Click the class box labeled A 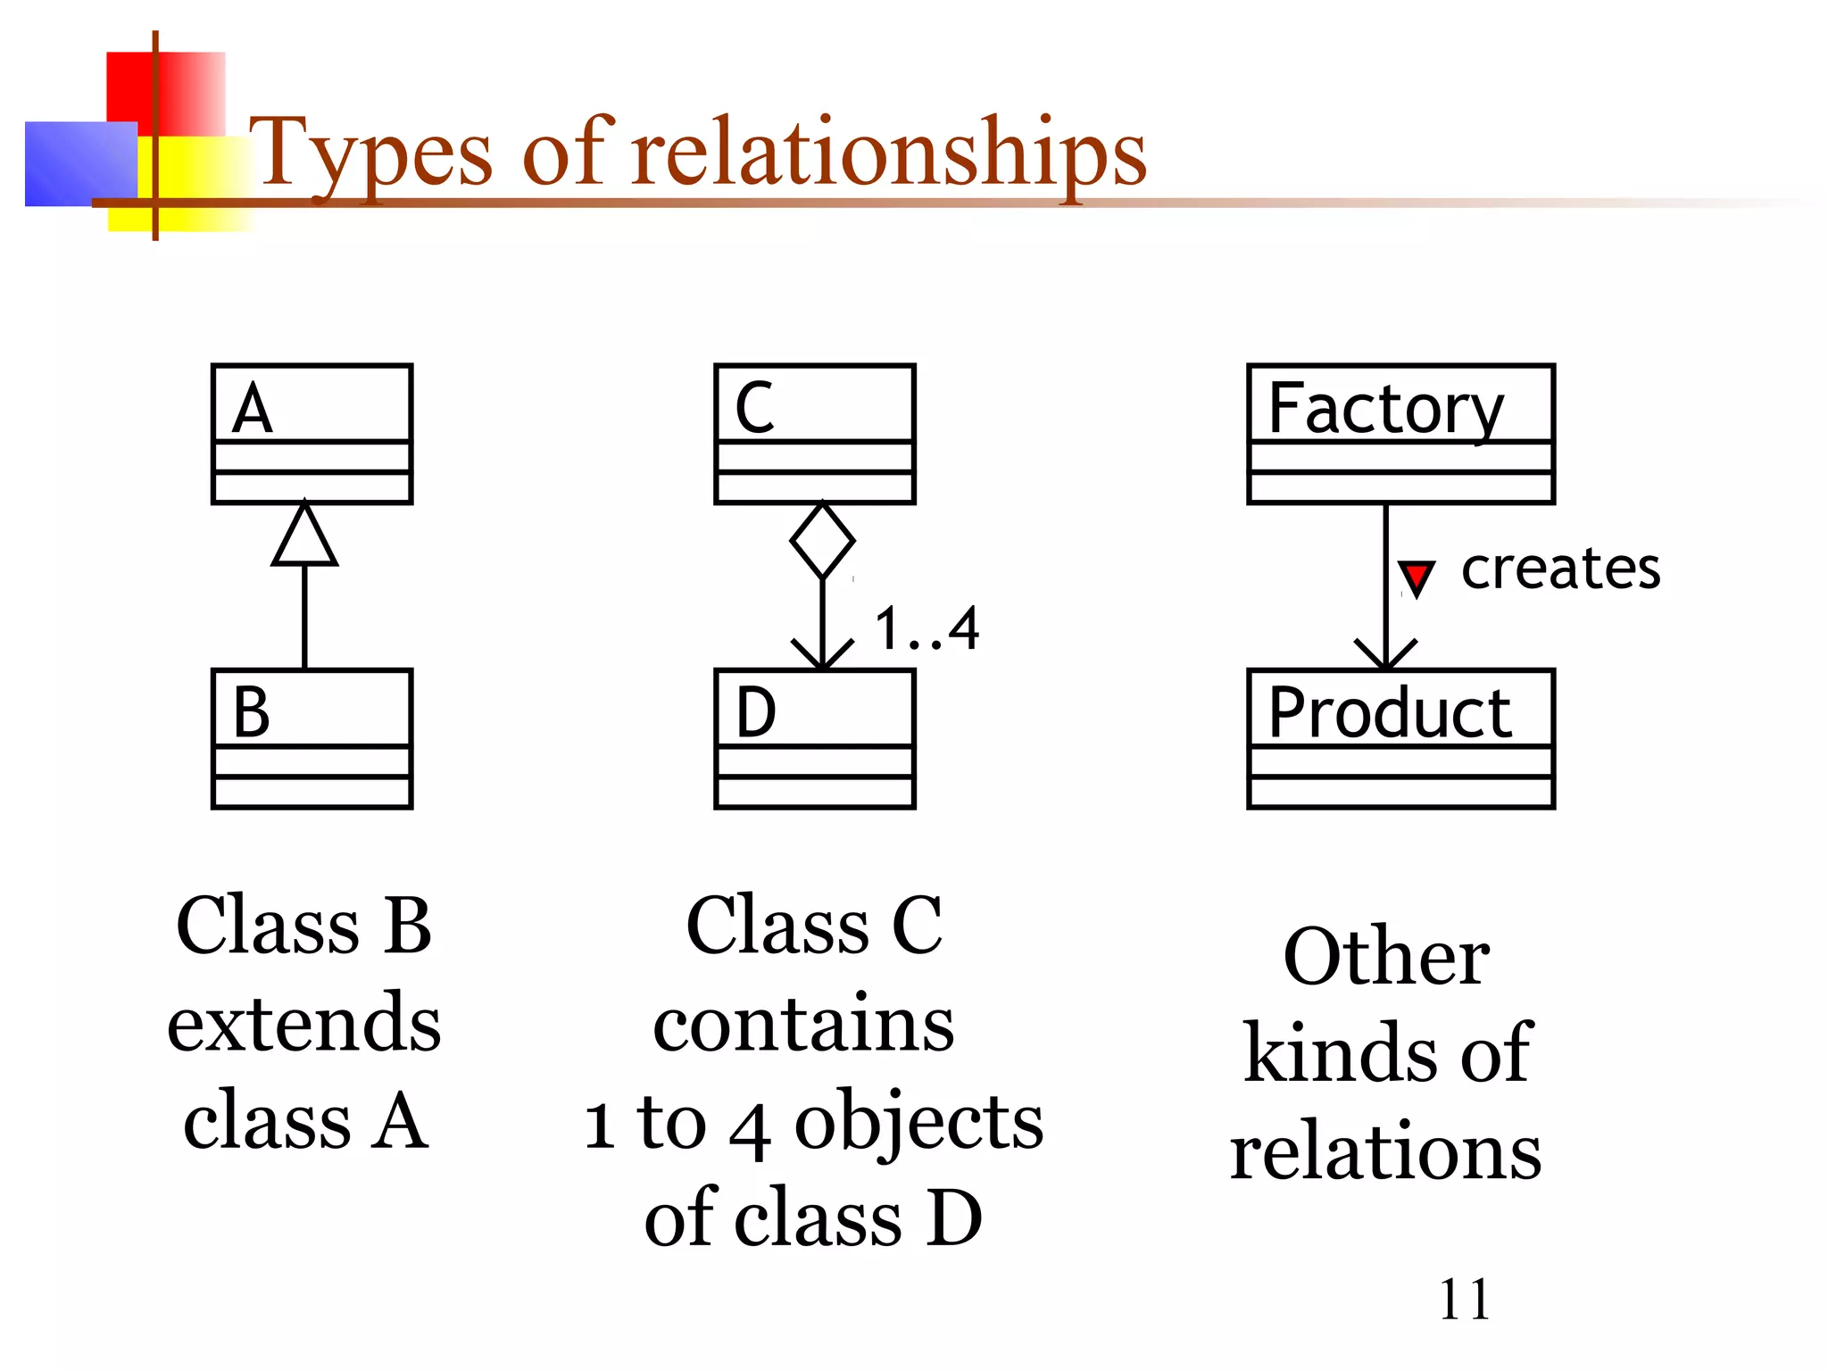pyautogui.click(x=312, y=434)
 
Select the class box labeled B pyautogui.click(x=312, y=738)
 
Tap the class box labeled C pyautogui.click(x=815, y=434)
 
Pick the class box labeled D pyautogui.click(x=815, y=738)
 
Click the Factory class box pyautogui.click(x=1400, y=434)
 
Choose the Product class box pyautogui.click(x=1400, y=738)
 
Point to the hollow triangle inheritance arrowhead pyautogui.click(x=305, y=538)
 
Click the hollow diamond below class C pyautogui.click(x=822, y=541)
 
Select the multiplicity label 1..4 pyautogui.click(x=926, y=628)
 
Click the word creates pyautogui.click(x=1560, y=569)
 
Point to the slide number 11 pyautogui.click(x=1465, y=1300)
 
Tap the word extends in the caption pyautogui.click(x=304, y=1023)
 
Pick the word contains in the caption pyautogui.click(x=803, y=1025)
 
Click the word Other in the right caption pyautogui.click(x=1386, y=957)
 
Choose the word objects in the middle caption pyautogui.click(x=918, y=1123)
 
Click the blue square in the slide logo pyautogui.click(x=80, y=163)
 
